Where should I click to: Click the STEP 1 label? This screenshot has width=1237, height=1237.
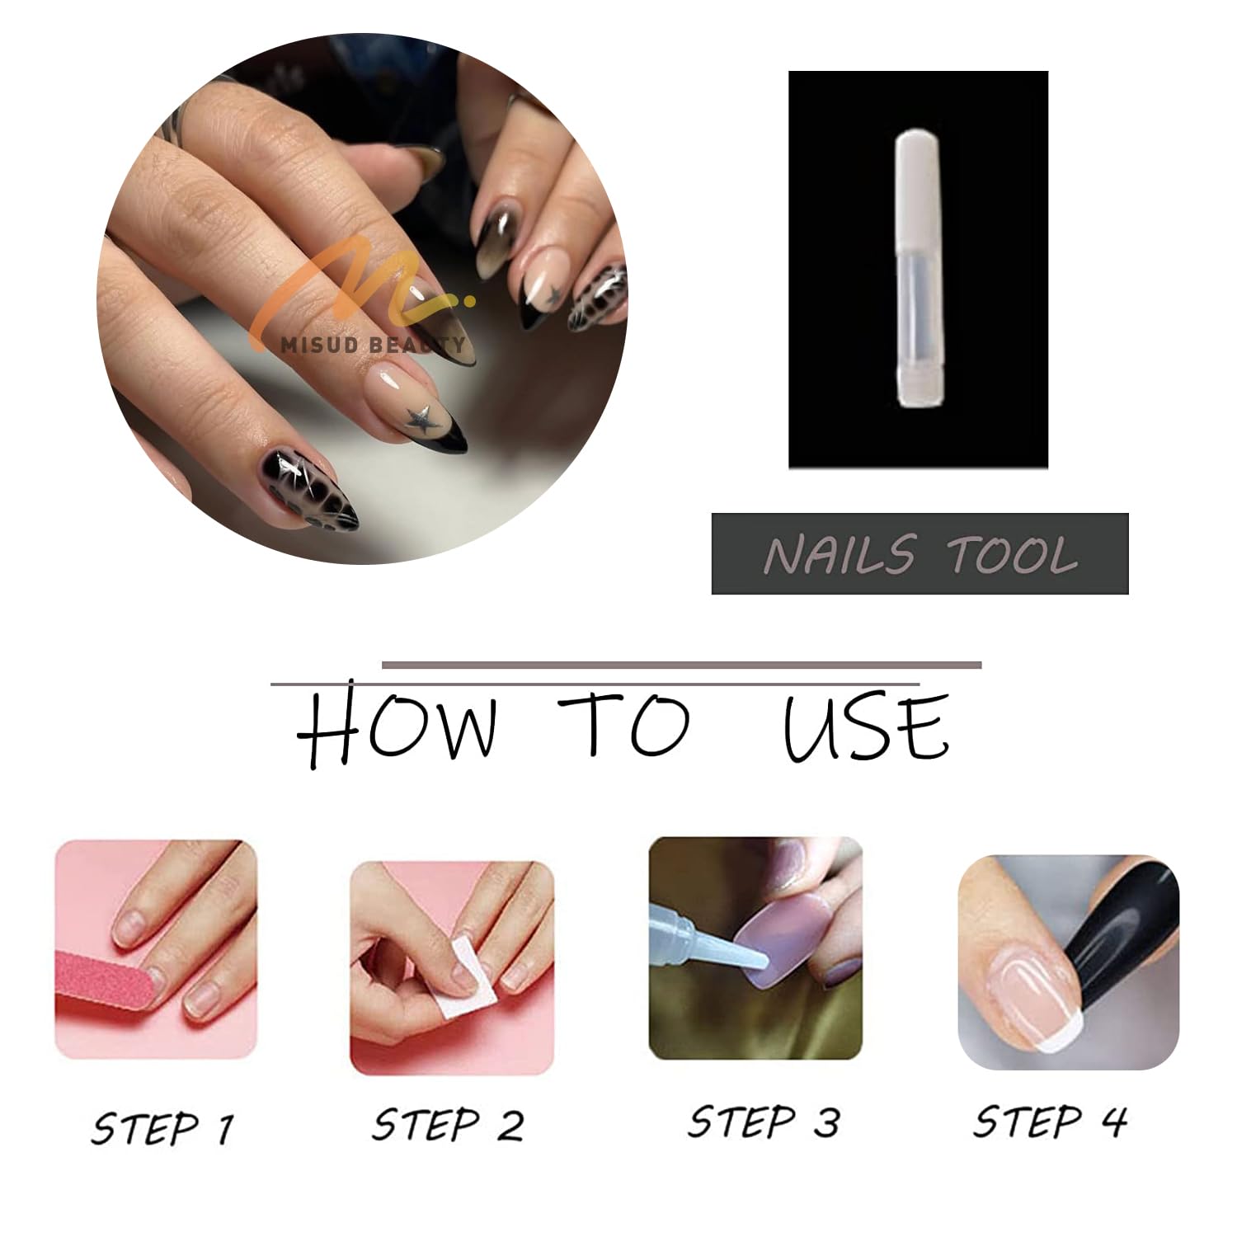(x=162, y=1127)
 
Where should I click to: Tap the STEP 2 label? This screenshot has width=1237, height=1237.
(x=448, y=1124)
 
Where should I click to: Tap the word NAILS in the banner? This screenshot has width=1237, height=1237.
(x=840, y=553)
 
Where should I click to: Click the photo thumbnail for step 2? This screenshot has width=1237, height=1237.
(x=452, y=967)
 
